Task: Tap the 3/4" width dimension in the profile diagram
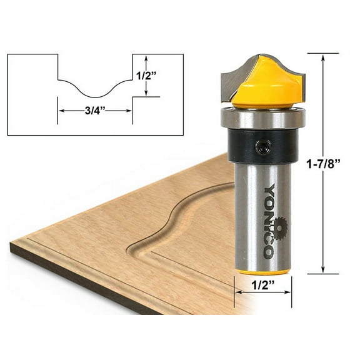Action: click(95, 111)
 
